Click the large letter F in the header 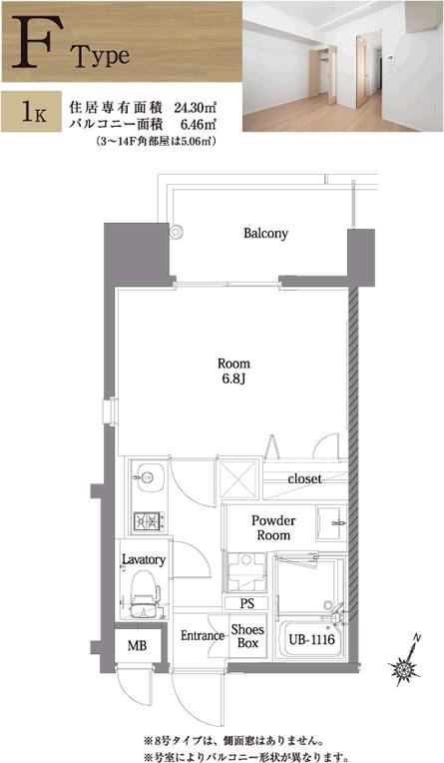[x=31, y=42]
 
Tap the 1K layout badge [x=31, y=112]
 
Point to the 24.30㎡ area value [x=195, y=106]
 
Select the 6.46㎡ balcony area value [x=198, y=124]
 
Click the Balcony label [x=265, y=233]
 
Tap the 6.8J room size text [x=233, y=380]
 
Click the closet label [x=304, y=478]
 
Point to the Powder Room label [x=273, y=528]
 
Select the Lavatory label [x=144, y=559]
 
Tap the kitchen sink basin [x=149, y=477]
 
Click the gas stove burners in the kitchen [x=149, y=521]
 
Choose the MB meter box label [x=137, y=646]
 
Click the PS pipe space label [x=247, y=604]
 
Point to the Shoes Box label [x=247, y=636]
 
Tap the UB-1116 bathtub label [x=311, y=639]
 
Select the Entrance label [x=203, y=636]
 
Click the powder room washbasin [x=331, y=523]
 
